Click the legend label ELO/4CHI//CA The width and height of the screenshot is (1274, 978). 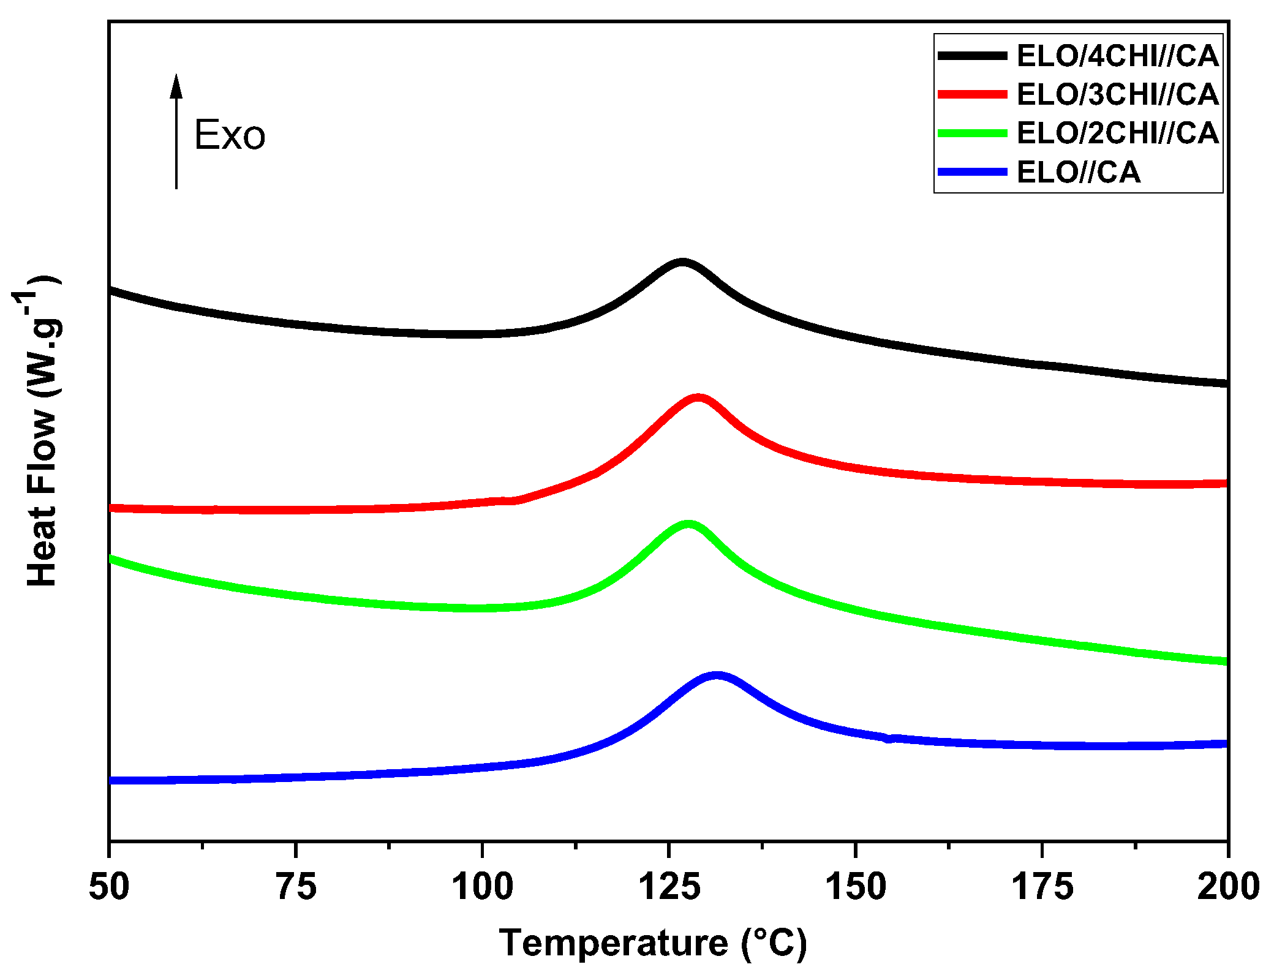1117,56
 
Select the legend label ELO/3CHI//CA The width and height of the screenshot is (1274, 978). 1117,94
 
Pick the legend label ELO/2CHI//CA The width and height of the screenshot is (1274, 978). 1117,133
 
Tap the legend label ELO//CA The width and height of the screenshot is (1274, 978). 1078,172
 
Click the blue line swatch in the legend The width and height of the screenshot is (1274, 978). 972,172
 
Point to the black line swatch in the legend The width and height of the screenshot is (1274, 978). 972,56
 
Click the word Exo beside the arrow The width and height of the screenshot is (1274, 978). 230,135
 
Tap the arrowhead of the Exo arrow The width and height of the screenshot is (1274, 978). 176,86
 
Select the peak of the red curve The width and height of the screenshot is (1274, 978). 698,399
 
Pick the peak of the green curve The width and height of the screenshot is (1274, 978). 688,525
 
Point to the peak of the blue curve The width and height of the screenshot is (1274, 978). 716,676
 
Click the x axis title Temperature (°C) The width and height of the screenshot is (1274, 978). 653,942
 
